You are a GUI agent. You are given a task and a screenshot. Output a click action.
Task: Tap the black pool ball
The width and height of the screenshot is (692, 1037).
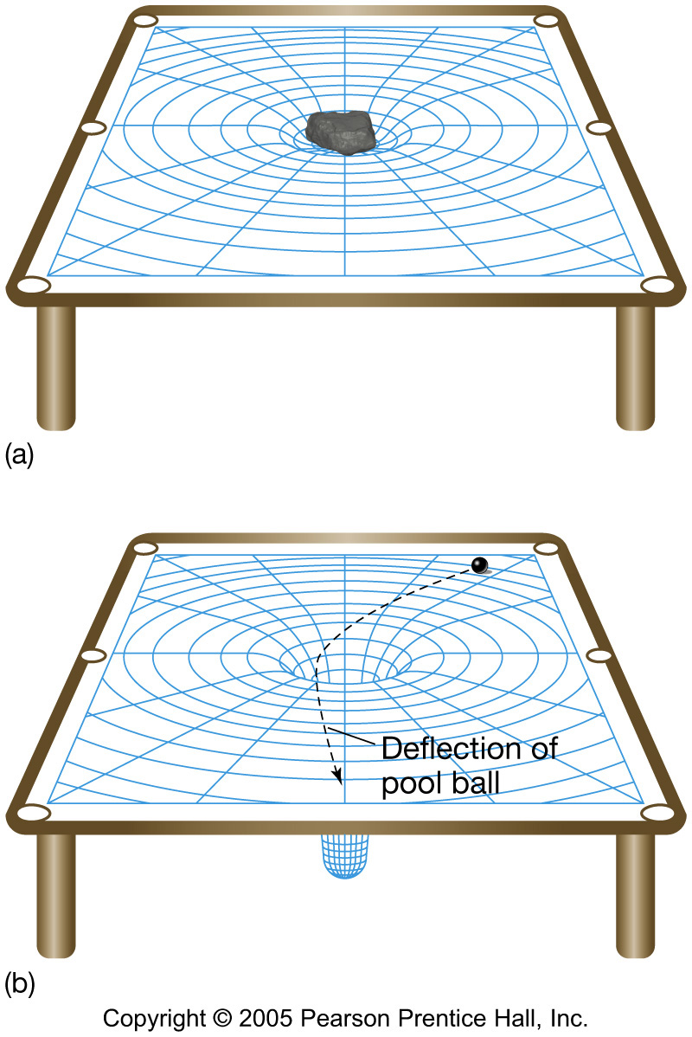click(479, 565)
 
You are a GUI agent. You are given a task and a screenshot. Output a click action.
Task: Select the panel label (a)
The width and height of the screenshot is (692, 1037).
click(19, 454)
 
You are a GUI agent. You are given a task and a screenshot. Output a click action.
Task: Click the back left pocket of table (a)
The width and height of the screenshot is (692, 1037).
click(145, 19)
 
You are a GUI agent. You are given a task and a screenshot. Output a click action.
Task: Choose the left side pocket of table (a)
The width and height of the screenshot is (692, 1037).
click(93, 129)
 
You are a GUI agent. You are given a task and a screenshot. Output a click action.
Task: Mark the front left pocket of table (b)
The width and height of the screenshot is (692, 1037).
click(33, 813)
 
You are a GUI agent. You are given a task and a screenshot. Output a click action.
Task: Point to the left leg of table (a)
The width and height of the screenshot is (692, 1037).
click(56, 364)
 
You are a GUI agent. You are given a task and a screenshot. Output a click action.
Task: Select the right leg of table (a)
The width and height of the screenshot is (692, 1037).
click(636, 364)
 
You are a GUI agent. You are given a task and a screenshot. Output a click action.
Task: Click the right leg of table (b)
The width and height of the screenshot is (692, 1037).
click(636, 892)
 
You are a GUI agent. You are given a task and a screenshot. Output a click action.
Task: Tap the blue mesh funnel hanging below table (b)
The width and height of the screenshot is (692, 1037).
click(344, 857)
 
